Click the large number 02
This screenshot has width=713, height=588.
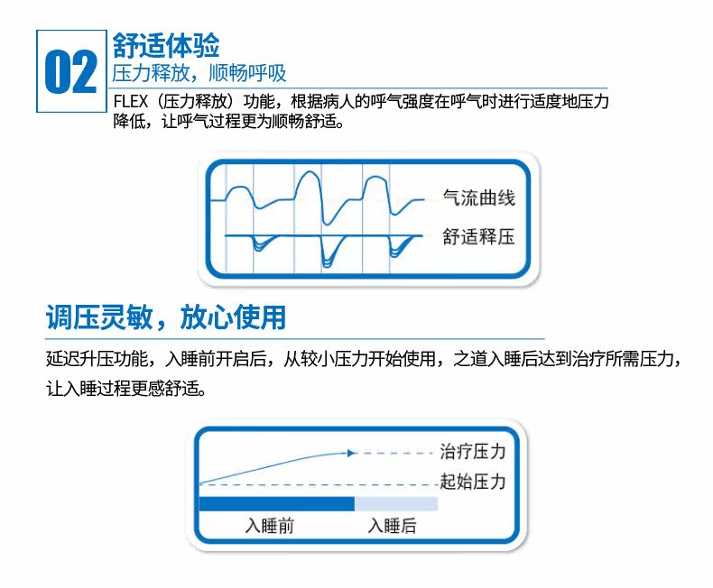(x=70, y=72)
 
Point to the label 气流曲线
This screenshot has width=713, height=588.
(x=478, y=198)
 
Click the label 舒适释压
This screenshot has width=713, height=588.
(x=478, y=237)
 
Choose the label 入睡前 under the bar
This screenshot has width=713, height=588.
(x=270, y=525)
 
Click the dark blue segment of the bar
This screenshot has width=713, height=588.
(x=276, y=503)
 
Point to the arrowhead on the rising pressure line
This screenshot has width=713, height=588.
(x=352, y=453)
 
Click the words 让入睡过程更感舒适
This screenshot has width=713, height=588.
(x=124, y=390)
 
